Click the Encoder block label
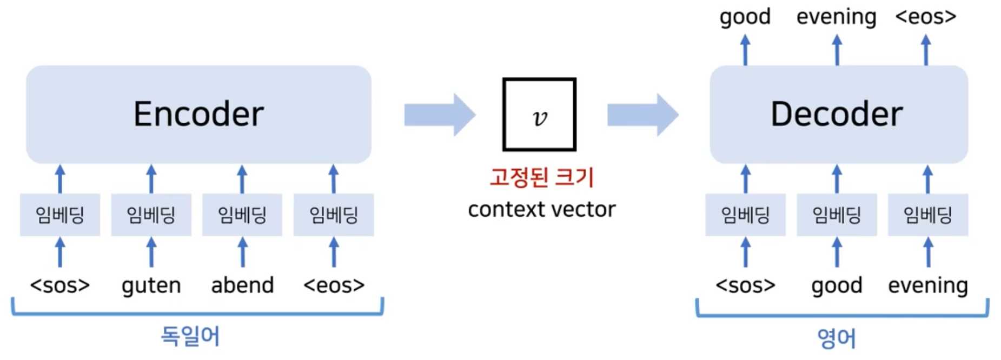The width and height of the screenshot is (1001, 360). pyautogui.click(x=198, y=114)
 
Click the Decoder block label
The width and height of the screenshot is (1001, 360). pyautogui.click(x=837, y=114)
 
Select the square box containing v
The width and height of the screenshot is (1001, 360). pyautogui.click(x=539, y=115)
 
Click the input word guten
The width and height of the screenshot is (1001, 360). pyautogui.click(x=151, y=285)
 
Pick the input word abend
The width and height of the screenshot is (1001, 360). pyautogui.click(x=242, y=285)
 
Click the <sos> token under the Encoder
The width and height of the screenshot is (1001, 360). pyautogui.click(x=60, y=285)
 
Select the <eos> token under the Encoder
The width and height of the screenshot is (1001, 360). pyautogui.click(x=334, y=285)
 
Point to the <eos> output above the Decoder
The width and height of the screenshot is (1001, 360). pyautogui.click(x=926, y=17)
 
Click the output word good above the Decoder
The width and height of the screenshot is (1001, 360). pyautogui.click(x=745, y=17)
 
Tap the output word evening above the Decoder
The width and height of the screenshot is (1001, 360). pyautogui.click(x=836, y=17)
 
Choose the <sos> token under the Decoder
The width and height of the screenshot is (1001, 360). pyautogui.click(x=745, y=285)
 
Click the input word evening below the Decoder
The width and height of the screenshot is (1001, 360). pyautogui.click(x=927, y=285)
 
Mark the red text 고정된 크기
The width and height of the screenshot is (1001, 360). pyautogui.click(x=541, y=177)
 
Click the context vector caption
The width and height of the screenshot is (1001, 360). pyautogui.click(x=541, y=210)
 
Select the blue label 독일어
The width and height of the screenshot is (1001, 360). pyautogui.click(x=190, y=336)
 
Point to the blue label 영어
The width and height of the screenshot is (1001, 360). pyautogui.click(x=836, y=338)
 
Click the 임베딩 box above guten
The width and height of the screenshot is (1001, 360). pyautogui.click(x=151, y=215)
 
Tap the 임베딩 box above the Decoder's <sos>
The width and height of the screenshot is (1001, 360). pyautogui.click(x=745, y=215)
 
